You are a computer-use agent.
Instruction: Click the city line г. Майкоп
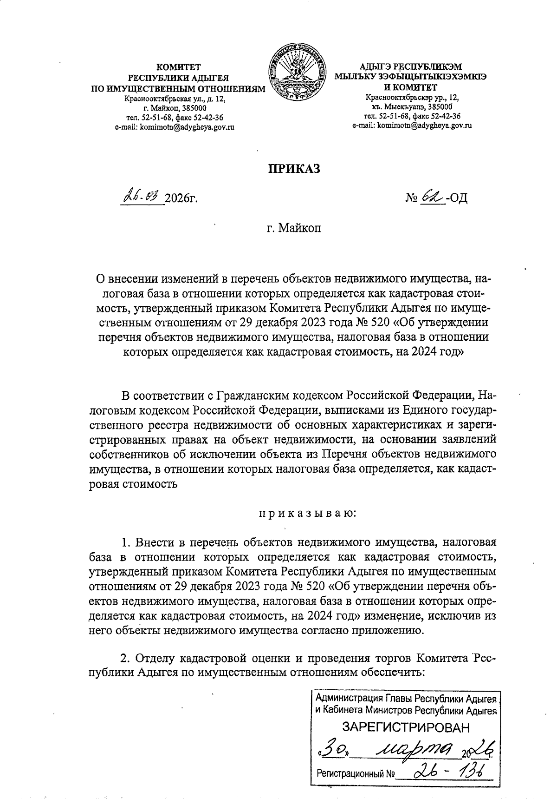(x=293, y=228)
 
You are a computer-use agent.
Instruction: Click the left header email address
(x=175, y=127)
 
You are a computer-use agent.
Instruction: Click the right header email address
(x=412, y=125)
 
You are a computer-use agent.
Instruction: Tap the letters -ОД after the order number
(x=456, y=198)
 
